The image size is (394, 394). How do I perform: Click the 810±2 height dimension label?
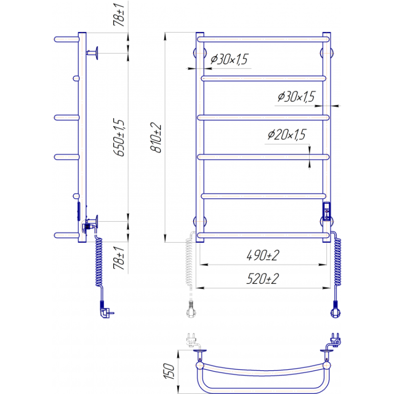156,137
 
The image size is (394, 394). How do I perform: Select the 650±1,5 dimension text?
119,137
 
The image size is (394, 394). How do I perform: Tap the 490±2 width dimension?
263,256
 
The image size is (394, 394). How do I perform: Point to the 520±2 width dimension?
263,279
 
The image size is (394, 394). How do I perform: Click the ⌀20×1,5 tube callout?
287,134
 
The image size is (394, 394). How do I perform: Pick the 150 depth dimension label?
169,371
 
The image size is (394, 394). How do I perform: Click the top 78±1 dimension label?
119,15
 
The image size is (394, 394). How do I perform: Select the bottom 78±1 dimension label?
119,258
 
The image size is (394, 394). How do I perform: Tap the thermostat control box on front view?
327,211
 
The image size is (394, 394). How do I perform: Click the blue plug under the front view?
336,310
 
